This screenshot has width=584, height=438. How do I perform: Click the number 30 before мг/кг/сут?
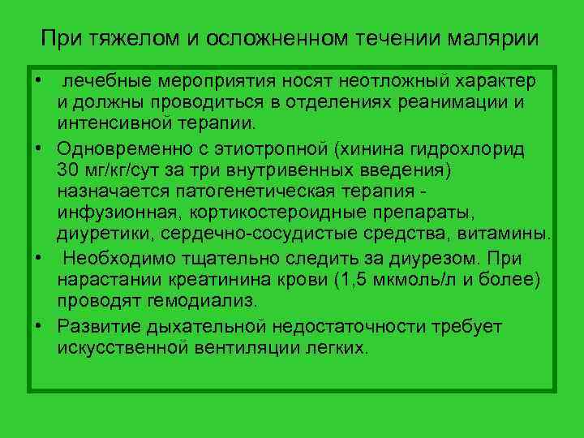tap(69, 170)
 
